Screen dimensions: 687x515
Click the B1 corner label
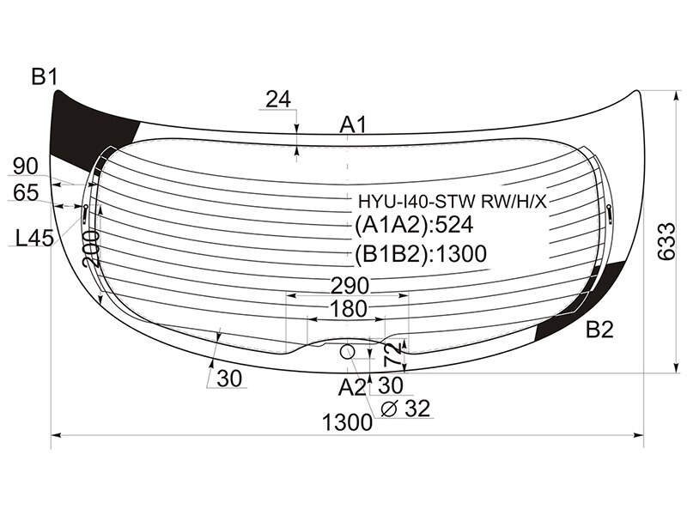tap(45, 77)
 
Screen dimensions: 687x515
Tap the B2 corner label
tap(599, 330)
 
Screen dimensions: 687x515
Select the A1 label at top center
tap(353, 125)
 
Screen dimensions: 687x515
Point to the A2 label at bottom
tap(351, 388)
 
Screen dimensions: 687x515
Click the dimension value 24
tap(278, 100)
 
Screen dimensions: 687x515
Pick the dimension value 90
tap(26, 167)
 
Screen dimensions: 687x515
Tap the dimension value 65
tap(26, 192)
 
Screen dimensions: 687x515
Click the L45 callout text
tap(34, 239)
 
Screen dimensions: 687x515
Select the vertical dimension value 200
tap(91, 249)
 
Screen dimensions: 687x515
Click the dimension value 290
tap(350, 286)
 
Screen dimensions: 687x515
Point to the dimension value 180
tap(348, 309)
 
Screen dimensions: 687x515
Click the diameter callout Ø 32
tap(405, 409)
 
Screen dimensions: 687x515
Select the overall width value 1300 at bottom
tap(347, 423)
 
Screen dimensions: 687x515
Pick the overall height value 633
tap(666, 241)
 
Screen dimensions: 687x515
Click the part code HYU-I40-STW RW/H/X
tap(453, 202)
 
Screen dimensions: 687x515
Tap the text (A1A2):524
tap(414, 225)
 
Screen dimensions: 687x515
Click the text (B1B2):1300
tap(421, 253)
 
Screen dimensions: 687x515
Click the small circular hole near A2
tap(347, 351)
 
